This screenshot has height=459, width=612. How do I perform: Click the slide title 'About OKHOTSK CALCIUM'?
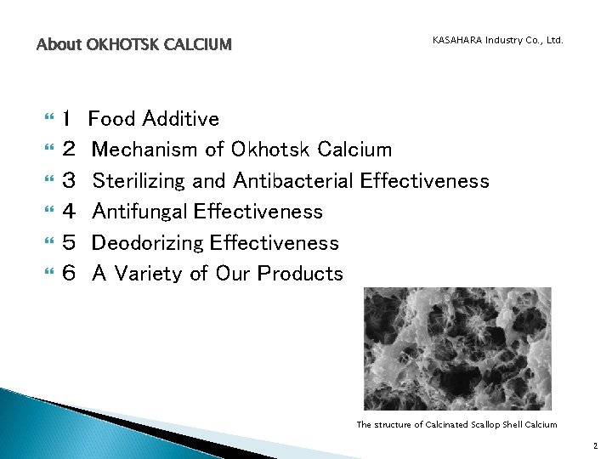[133, 44]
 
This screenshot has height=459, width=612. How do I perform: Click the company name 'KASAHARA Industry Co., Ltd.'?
[497, 40]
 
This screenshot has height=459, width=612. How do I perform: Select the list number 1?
[68, 119]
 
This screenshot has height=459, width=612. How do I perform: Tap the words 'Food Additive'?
[154, 119]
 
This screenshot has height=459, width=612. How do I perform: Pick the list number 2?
[69, 150]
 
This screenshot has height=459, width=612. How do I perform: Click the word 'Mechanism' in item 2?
[145, 150]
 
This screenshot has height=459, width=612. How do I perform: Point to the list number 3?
[69, 181]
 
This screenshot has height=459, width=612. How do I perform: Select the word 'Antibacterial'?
[293, 181]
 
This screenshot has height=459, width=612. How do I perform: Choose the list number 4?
[69, 212]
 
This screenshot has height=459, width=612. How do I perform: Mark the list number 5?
[69, 243]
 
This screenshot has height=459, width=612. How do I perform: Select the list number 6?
[69, 274]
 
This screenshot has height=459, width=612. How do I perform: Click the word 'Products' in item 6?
[300, 274]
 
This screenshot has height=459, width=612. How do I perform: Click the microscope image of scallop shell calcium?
[457, 348]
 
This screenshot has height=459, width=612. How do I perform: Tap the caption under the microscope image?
[456, 424]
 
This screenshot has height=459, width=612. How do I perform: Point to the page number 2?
[595, 445]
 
